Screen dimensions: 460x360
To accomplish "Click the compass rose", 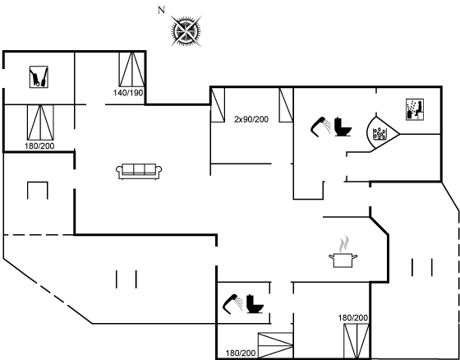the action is tap(186, 31).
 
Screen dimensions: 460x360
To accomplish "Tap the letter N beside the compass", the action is tap(161, 11).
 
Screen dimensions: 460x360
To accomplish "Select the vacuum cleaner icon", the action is tap(39, 77).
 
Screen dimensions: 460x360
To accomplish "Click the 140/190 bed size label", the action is tap(128, 93).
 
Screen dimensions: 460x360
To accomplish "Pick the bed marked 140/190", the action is tap(131, 70).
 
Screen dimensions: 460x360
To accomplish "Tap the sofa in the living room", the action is tap(139, 171).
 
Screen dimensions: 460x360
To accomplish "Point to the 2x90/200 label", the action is tap(251, 119).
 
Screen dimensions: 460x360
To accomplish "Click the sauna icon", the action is tap(415, 109).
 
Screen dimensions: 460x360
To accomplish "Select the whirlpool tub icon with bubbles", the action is tap(379, 134).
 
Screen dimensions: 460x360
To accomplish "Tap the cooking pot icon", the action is tap(343, 261).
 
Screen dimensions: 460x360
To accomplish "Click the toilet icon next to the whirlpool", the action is tap(343, 127).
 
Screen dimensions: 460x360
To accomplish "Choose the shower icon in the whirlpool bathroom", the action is tap(320, 127).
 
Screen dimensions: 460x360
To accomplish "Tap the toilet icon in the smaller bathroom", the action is tap(255, 303).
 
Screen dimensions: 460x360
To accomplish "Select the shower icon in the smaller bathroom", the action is tap(232, 304).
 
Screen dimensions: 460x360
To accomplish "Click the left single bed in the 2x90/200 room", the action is tap(218, 104).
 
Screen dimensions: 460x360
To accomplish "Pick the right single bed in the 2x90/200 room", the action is tap(286, 104).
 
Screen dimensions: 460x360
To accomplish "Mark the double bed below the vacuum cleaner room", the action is tap(40, 122).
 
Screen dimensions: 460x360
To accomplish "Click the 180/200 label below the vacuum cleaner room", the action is tap(39, 146).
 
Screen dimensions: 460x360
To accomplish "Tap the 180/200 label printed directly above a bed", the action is tap(353, 318).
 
